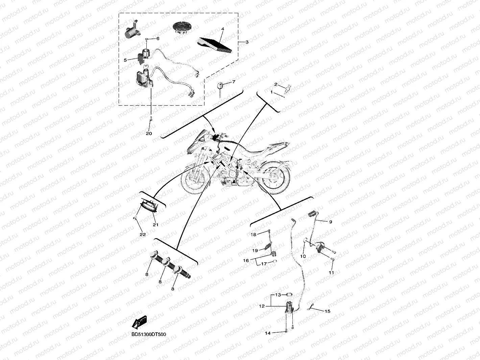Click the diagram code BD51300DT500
(x=149, y=334)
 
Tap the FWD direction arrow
(x=139, y=322)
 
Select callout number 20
(x=149, y=133)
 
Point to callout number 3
(x=247, y=42)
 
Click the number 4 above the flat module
(x=223, y=29)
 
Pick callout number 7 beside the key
(x=234, y=82)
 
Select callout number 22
(x=143, y=235)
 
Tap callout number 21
(x=155, y=225)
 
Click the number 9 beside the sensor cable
(x=331, y=222)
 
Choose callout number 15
(x=327, y=311)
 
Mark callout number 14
(x=268, y=333)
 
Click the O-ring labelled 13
(x=289, y=295)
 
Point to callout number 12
(x=262, y=306)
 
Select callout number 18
(x=253, y=235)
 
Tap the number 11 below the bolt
(x=331, y=272)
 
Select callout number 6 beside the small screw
(x=158, y=39)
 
